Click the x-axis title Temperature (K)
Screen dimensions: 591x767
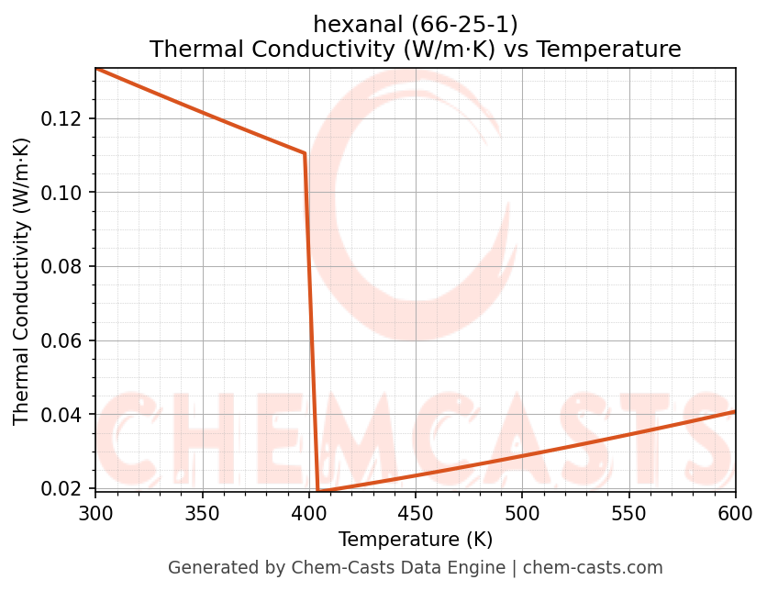(415, 539)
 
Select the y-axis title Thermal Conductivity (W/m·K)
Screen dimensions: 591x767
(22, 281)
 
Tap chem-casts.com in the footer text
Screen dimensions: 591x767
(593, 568)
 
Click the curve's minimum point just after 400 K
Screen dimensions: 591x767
(318, 491)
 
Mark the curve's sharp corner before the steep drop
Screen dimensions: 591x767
(305, 153)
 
